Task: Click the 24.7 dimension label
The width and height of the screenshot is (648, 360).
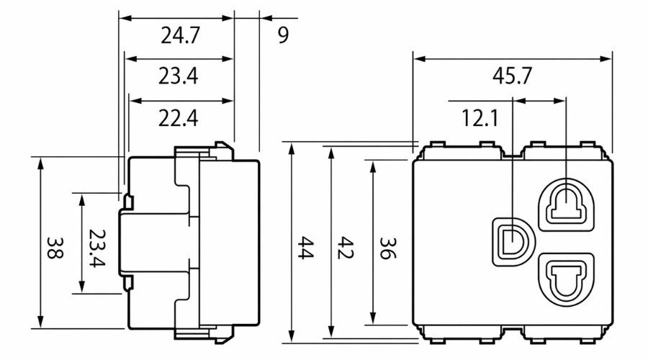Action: [179, 36]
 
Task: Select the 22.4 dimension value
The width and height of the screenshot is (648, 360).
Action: [179, 117]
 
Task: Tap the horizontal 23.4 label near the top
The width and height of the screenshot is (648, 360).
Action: [179, 76]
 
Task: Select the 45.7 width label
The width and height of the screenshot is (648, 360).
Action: [513, 76]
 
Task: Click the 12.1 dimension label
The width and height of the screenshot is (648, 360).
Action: [476, 117]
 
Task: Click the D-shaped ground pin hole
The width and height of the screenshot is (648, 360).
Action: [511, 238]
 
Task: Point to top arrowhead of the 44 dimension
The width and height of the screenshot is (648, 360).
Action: [292, 148]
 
